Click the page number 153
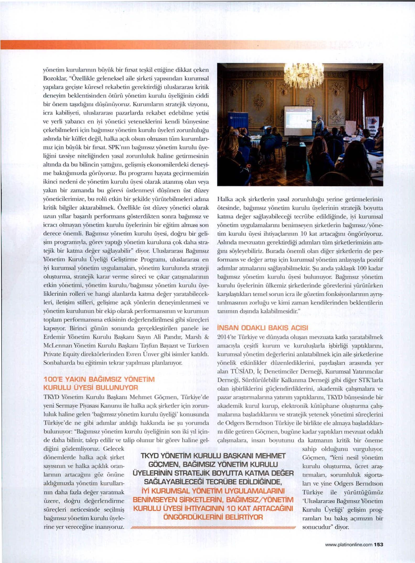[379, 545]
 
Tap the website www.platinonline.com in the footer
[349, 545]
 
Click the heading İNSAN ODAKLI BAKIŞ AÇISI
[262, 328]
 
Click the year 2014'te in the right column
[227, 337]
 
